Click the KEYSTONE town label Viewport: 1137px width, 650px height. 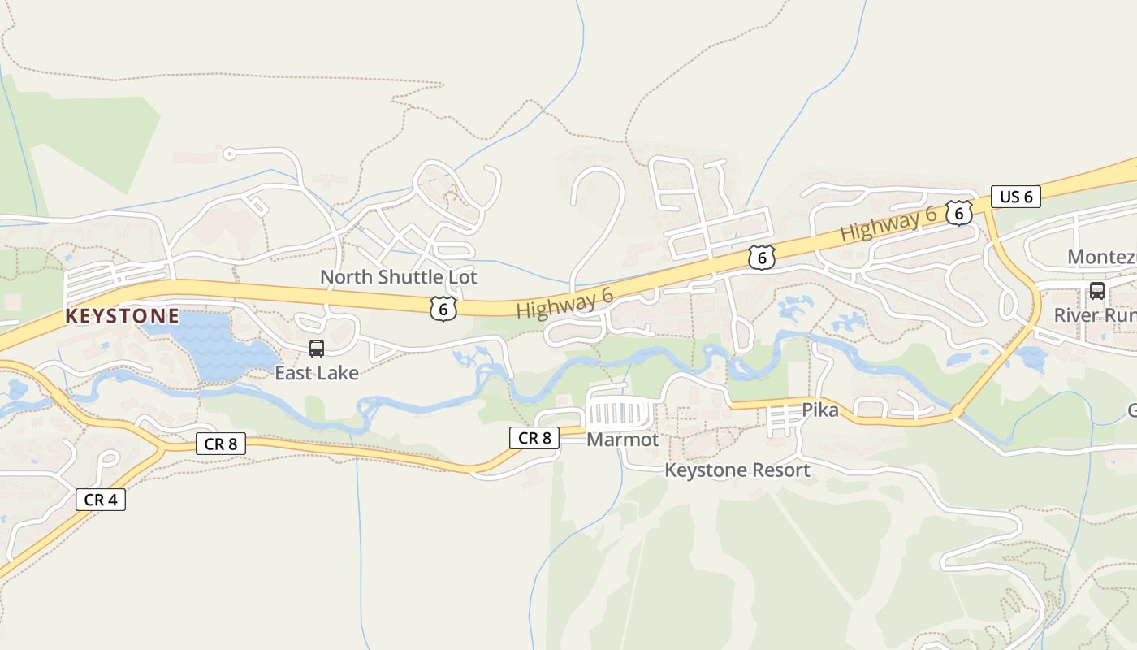122,316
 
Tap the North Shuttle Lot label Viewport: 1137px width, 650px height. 398,277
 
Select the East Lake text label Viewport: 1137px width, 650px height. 316,373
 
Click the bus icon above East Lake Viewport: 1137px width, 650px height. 317,349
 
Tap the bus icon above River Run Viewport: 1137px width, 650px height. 1096,290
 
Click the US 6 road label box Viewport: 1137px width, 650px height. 1015,197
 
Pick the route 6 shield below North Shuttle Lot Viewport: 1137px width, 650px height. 443,308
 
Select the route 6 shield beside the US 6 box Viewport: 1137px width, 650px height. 959,213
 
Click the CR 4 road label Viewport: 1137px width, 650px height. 101,500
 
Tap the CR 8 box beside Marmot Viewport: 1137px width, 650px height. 534,438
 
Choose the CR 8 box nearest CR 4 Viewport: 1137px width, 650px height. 220,444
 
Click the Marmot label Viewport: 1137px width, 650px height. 622,440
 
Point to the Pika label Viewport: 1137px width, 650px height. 819,410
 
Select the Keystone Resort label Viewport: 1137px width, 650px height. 737,470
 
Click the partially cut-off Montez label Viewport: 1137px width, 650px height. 1101,258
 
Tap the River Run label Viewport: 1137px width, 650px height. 1095,315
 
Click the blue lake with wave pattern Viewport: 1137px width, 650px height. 215,345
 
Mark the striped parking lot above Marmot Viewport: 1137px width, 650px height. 620,413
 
